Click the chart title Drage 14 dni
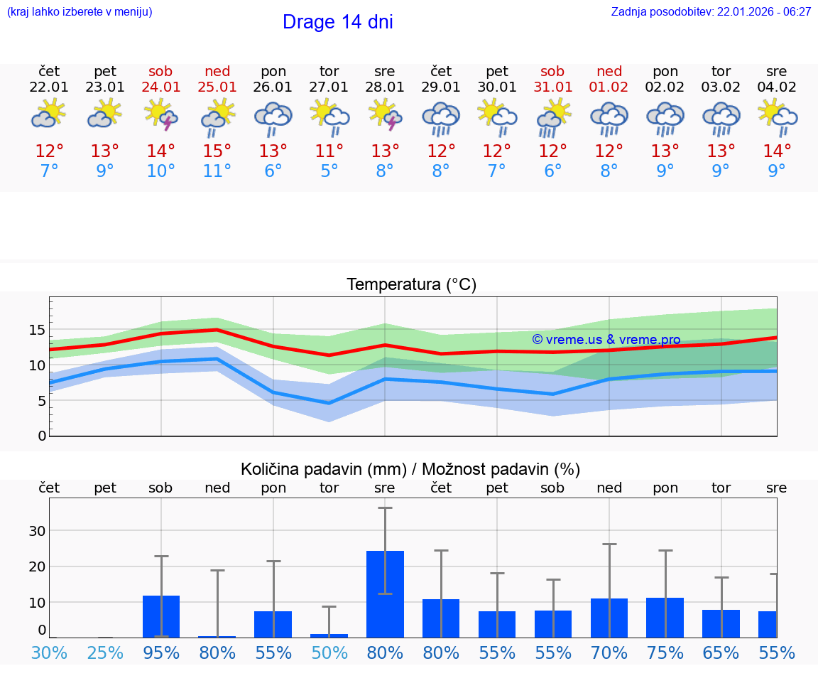(337, 22)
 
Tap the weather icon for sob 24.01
(160, 114)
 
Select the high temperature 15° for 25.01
(217, 151)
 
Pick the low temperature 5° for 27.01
(329, 171)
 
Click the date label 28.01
(384, 87)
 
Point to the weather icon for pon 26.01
(273, 118)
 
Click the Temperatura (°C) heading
(411, 285)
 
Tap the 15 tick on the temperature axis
(37, 330)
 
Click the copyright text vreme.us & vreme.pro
(606, 340)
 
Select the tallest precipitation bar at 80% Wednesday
(385, 594)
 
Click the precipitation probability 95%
(161, 653)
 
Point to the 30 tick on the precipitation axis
(37, 531)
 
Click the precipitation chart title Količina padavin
(410, 469)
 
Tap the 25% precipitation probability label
(105, 653)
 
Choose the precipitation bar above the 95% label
(161, 616)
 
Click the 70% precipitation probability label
(609, 653)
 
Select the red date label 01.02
(609, 87)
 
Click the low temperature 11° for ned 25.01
(217, 171)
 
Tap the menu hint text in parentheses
(79, 12)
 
